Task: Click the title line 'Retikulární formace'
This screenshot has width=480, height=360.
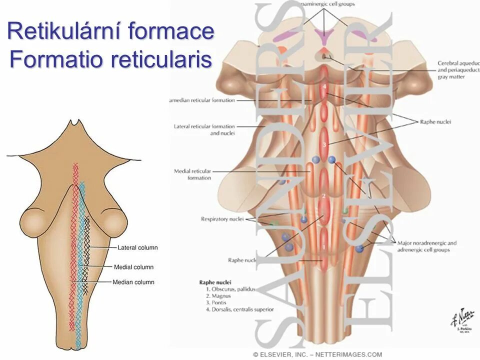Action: point(111,32)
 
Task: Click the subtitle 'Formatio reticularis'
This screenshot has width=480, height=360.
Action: point(111,60)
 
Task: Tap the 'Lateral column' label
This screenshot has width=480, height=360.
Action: point(137,247)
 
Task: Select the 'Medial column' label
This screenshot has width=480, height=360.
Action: point(133,267)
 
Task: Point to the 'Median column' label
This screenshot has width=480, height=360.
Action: point(133,282)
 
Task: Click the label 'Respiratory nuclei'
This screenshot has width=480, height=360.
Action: point(222,219)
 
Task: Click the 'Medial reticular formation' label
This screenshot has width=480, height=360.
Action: point(192,174)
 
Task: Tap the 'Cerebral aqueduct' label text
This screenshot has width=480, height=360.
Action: point(458,63)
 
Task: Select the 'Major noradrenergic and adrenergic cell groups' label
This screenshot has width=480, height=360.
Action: point(426,246)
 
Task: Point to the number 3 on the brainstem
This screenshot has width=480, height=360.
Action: point(324,144)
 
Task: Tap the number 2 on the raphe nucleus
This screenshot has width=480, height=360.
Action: point(324,195)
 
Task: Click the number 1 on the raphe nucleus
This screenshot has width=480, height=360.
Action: point(323,246)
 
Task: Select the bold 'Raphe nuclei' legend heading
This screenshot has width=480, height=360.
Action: point(215,282)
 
